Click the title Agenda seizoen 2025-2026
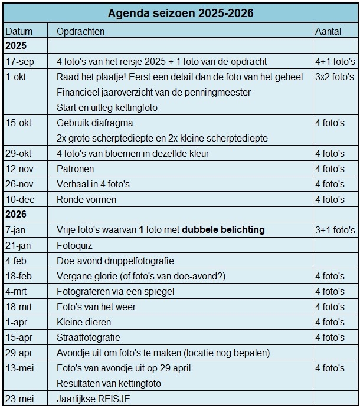[x=181, y=13]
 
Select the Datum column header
[x=18, y=31]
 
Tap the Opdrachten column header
[x=81, y=31]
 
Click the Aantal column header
[x=328, y=31]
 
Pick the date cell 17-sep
[x=19, y=61]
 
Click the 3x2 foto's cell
[x=335, y=77]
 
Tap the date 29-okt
[x=19, y=153]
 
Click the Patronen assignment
[x=76, y=169]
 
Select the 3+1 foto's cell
[x=335, y=230]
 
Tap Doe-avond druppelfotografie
[x=115, y=261]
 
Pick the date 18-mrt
[x=19, y=307]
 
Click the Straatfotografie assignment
[x=89, y=337]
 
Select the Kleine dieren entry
[x=84, y=322]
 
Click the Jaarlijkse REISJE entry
[x=93, y=399]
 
